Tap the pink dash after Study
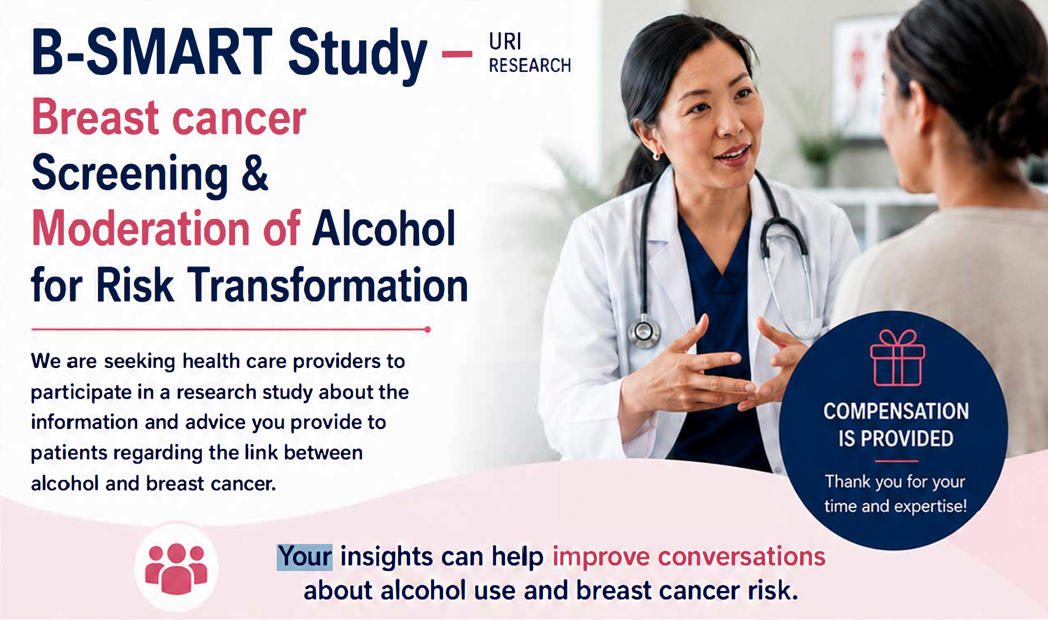pos(457,54)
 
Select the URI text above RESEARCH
pos(505,41)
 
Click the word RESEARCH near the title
pos(529,65)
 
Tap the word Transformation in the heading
pos(327,284)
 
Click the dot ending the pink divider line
pos(428,329)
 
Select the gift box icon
pos(897,358)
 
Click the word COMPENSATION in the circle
pos(896,411)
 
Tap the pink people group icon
pos(176,568)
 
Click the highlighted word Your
pos(305,557)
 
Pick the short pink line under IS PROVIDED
pos(896,461)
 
